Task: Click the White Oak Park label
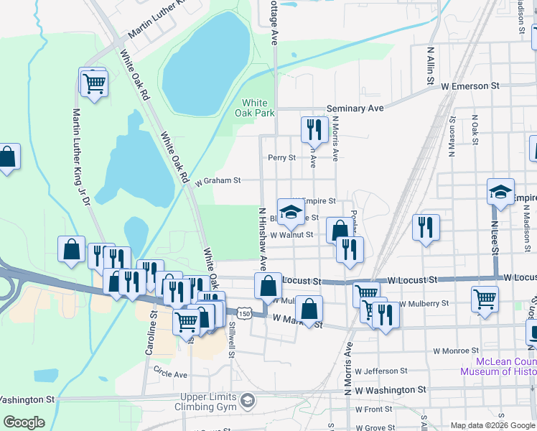tap(255, 108)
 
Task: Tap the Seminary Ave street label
tap(355, 108)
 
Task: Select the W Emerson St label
tap(470, 85)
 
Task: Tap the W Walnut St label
tap(291, 234)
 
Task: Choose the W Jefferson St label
tap(380, 371)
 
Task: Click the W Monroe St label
tap(461, 351)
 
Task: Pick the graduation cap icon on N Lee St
tap(500, 192)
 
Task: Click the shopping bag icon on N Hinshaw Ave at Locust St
tap(268, 285)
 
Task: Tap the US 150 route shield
tap(246, 314)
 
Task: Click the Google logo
tap(24, 422)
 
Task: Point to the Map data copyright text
tap(492, 425)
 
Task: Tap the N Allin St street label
tap(431, 67)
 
